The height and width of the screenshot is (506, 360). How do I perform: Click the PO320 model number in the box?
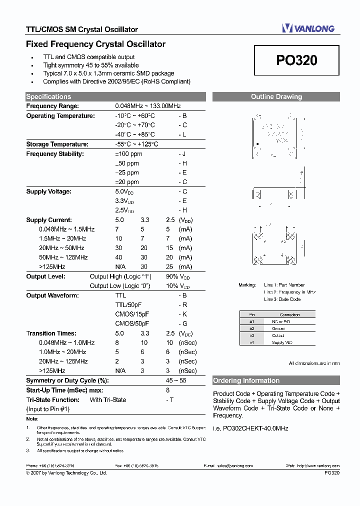tap(296, 60)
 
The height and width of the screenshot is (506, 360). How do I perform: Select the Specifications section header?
tap(48, 96)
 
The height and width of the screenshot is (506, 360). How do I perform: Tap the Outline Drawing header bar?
tap(276, 96)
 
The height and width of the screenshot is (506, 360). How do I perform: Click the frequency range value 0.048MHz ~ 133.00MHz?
tap(147, 106)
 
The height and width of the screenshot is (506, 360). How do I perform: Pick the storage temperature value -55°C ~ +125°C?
tap(136, 144)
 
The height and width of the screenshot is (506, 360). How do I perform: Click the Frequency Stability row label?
tap(55, 154)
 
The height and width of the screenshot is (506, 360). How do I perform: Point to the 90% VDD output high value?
tap(177, 276)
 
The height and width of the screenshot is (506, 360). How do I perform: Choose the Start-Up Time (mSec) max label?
tap(64, 390)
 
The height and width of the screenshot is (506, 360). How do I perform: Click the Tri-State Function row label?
tap(52, 399)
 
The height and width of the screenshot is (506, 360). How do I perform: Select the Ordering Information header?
tap(246, 380)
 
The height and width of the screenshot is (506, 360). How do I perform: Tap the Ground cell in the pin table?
tap(278, 328)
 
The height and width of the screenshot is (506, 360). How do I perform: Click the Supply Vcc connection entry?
tap(281, 342)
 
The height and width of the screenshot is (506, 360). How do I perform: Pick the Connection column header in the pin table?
tap(289, 314)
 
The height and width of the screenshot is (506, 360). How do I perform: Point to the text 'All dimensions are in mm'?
tap(314, 363)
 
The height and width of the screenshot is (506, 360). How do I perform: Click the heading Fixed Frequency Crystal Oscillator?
tap(95, 44)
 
